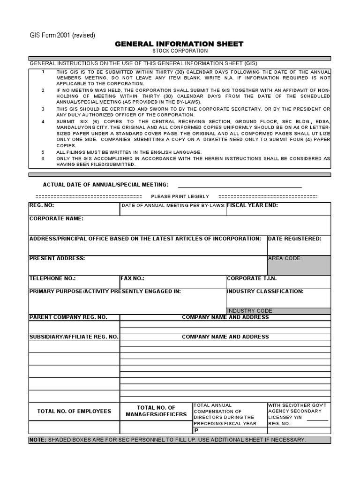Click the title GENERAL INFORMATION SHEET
(180, 44)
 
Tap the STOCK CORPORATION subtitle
(180, 51)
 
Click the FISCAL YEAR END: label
(253, 205)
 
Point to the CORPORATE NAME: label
(56, 218)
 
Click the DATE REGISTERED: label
(294, 239)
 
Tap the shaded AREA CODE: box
(299, 265)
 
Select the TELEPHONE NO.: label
(52, 278)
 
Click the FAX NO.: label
(133, 278)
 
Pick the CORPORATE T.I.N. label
(252, 278)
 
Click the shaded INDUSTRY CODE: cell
(278, 311)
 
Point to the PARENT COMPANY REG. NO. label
(68, 317)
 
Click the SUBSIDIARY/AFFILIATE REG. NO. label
(74, 337)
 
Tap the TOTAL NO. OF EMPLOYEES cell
(74, 411)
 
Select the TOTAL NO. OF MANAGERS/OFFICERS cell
(156, 411)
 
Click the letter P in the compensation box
(196, 430)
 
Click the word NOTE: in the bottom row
(37, 440)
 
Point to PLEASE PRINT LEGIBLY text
(180, 196)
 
